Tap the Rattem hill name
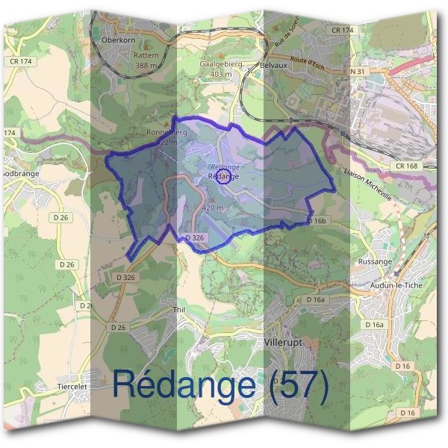click(x=146, y=55)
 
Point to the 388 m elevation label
click(x=146, y=66)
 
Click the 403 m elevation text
click(x=221, y=75)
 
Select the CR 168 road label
click(x=408, y=166)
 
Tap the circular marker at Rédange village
click(x=222, y=177)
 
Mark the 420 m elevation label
click(x=213, y=208)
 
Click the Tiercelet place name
click(x=74, y=387)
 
